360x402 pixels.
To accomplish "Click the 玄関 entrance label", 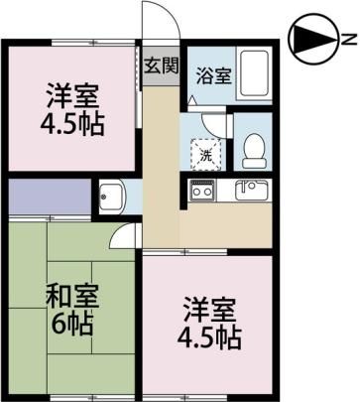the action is pos(161,66).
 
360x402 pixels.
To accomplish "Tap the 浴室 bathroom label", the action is pos(213,75).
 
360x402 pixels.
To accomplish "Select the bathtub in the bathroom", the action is pos(254,73).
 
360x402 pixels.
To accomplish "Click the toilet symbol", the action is pos(254,151).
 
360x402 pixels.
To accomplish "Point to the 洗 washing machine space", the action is pos(205,155).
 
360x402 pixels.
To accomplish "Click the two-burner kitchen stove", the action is pos(202,191).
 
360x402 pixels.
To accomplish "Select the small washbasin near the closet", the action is pos(111,197).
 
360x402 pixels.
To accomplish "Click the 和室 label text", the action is pos(72,296).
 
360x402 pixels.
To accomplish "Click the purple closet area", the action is pos(50,197).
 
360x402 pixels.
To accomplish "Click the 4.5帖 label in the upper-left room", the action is pos(72,124).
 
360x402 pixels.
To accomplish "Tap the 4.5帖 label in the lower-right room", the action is pos(209,337).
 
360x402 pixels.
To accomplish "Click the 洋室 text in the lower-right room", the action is pos(210,310).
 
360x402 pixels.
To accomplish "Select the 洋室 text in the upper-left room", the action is pos(72,96).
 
